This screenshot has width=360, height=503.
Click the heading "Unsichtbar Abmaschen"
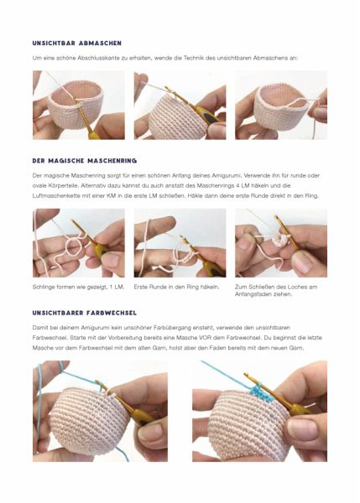(76, 43)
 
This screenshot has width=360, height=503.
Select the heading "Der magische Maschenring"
(85, 160)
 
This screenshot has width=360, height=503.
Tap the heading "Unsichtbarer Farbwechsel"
(85, 313)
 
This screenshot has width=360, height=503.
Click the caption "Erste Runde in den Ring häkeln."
(176, 287)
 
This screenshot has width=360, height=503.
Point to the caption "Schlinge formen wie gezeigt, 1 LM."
(78, 287)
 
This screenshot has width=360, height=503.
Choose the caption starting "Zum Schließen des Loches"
(276, 290)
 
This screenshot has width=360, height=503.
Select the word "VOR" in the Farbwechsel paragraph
(205, 338)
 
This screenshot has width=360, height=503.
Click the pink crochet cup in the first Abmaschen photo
(76, 102)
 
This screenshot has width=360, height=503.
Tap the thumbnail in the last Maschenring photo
(302, 262)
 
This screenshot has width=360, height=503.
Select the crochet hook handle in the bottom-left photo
(141, 416)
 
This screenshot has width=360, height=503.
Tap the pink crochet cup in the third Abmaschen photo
(280, 106)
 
